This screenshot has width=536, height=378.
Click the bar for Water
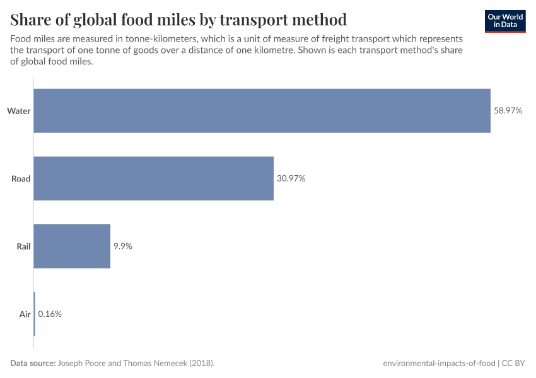(x=262, y=111)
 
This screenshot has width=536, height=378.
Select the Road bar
(x=153, y=178)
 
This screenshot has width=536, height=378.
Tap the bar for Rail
(x=72, y=246)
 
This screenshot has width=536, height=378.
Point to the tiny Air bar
(x=34, y=314)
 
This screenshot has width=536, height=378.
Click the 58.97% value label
(x=508, y=111)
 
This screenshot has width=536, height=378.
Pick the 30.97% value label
(x=291, y=178)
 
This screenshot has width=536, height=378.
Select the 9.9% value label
(x=122, y=246)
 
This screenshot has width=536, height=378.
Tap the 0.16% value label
(x=50, y=314)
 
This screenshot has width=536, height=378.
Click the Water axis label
(x=19, y=111)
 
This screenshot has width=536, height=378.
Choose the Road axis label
(x=21, y=179)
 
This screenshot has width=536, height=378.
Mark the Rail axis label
(x=23, y=246)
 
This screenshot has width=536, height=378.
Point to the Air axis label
(x=25, y=314)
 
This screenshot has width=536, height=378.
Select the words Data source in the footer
(x=33, y=364)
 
